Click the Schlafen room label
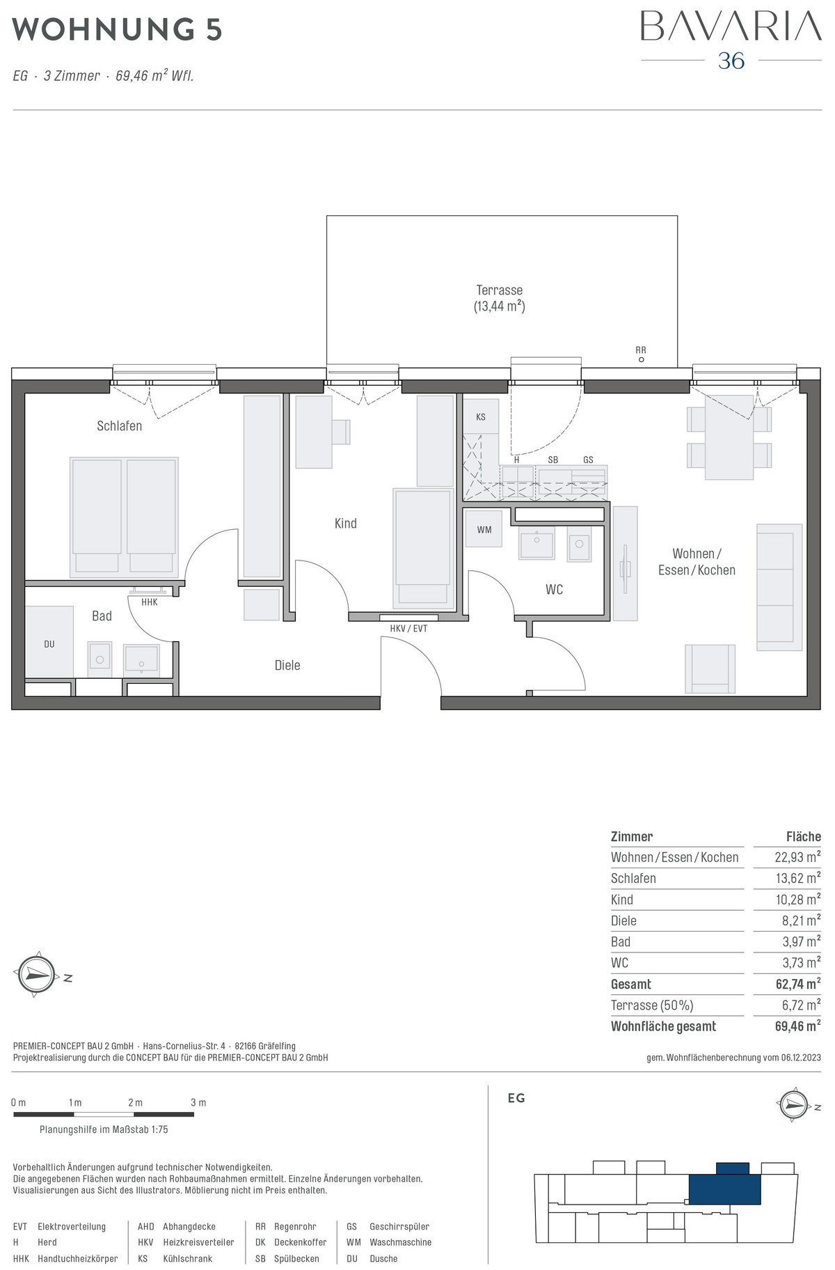pos(119,425)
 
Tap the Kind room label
pos(345,523)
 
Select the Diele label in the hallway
pos(287,665)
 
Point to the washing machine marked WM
pos(484,529)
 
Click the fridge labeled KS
pos(481,416)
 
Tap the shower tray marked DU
pos(49,642)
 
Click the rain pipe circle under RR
pos(641,360)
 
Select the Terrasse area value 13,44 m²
pos(500,306)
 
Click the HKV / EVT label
pos(408,628)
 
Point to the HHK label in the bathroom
pos(150,602)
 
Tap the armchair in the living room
pos(710,668)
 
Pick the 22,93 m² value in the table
pos(797,857)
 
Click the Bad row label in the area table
pos(621,942)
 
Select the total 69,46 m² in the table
pos(797,1026)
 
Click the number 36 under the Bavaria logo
pos(731,61)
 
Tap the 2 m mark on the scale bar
pos(135,1102)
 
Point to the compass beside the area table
pos(36,975)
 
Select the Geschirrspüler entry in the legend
pos(399,1227)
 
